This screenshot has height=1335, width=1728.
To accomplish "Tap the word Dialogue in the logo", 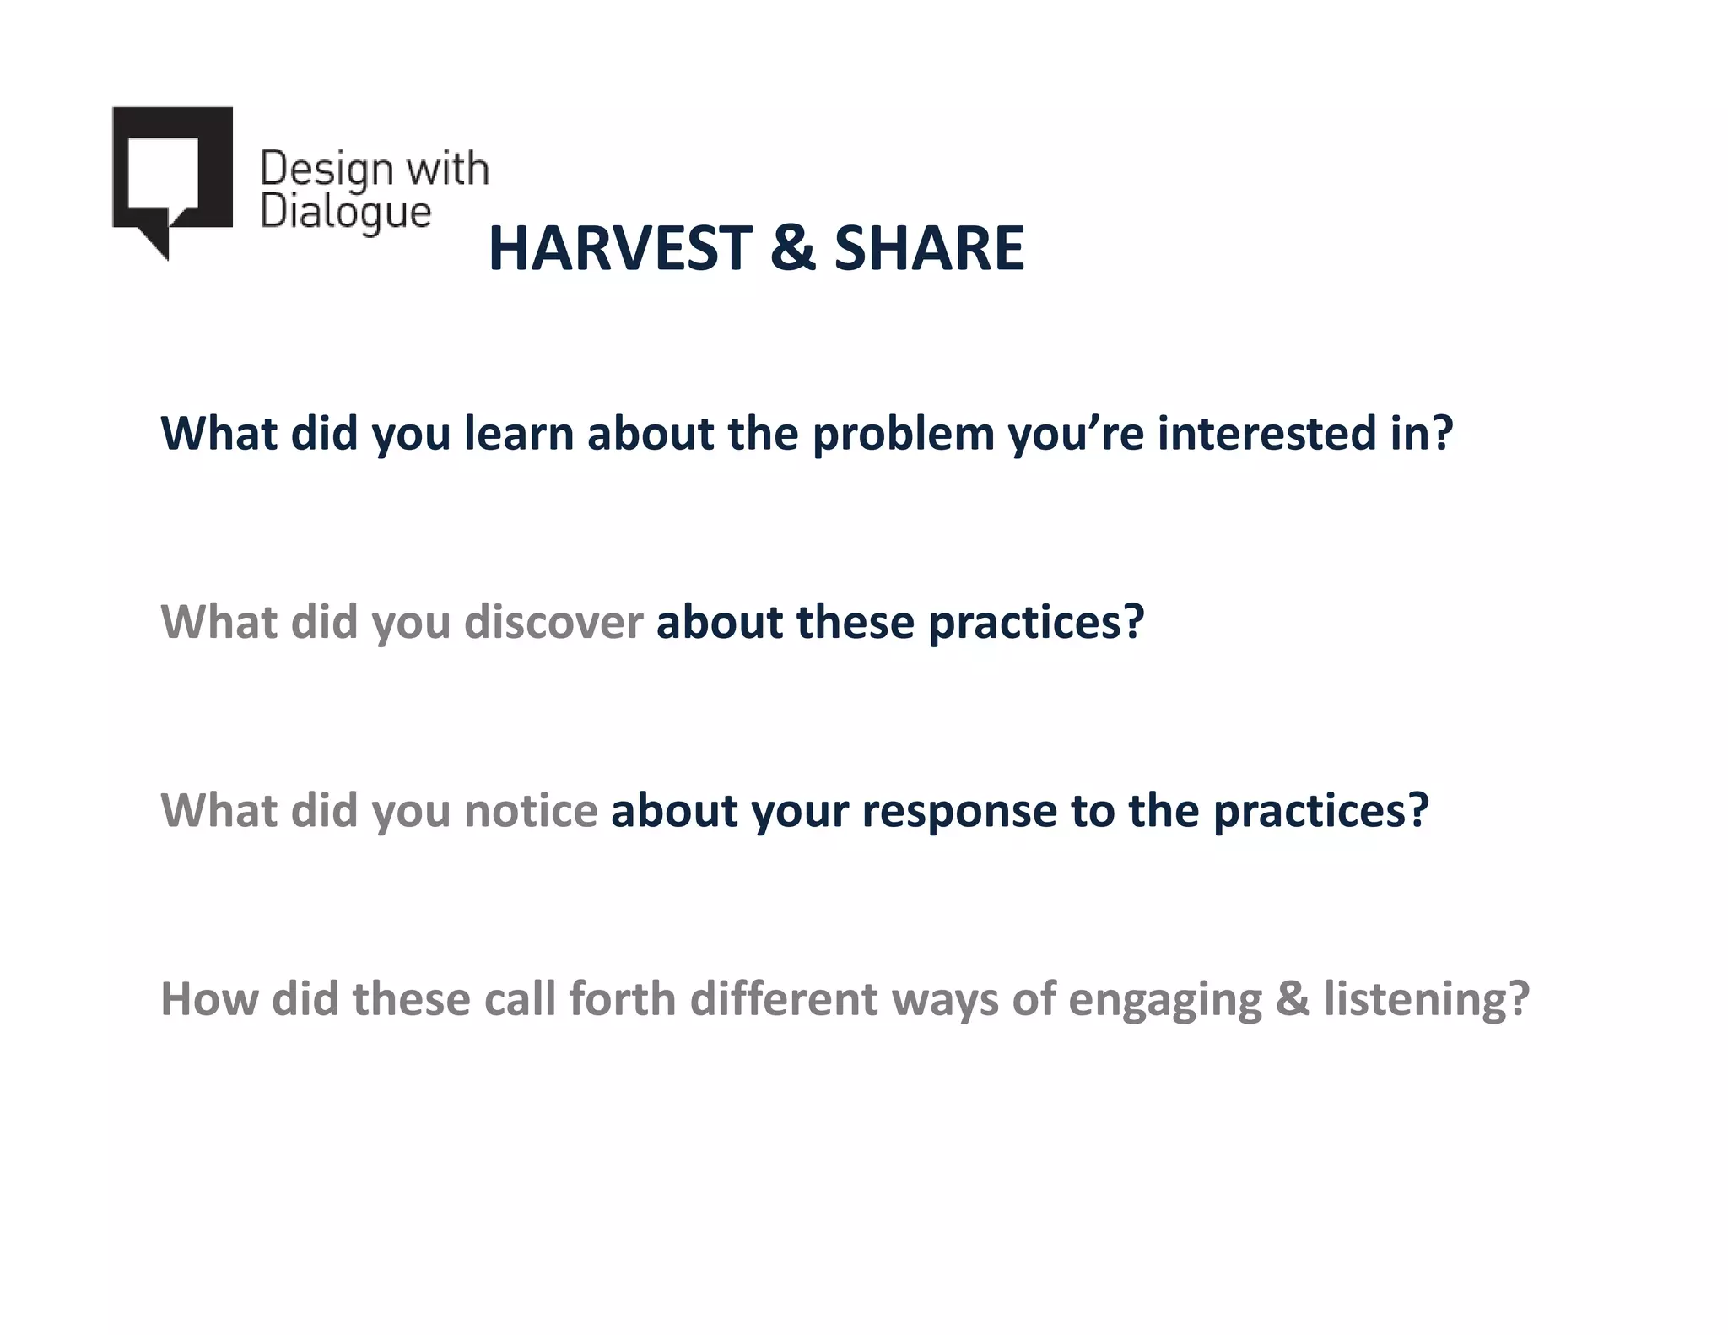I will coord(345,213).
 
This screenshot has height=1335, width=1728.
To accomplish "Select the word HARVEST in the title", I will coord(620,249).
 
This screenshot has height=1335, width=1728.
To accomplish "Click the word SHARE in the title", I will coord(929,249).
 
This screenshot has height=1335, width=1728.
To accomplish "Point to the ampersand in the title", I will coord(793,249).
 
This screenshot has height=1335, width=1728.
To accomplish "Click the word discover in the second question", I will coord(553,623).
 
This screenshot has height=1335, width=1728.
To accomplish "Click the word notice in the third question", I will coord(531,811).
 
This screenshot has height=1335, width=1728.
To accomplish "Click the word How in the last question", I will coord(208,1000).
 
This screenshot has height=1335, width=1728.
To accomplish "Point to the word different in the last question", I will coord(784,1000).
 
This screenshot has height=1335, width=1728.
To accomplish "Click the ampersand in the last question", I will coord(1293,1000).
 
